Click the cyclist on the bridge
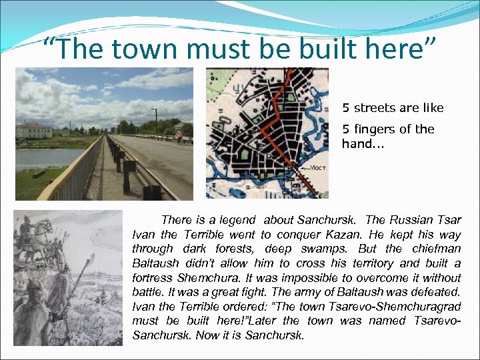[178, 136]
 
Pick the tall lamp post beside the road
[156, 121]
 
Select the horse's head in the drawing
[48, 230]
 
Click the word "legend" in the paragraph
[238, 220]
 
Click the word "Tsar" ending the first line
[449, 220]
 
